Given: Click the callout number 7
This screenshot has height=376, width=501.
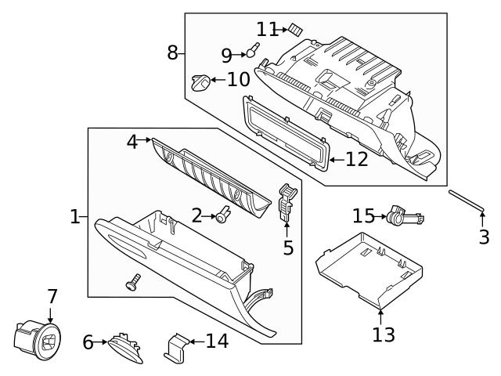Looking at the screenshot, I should point(52,297).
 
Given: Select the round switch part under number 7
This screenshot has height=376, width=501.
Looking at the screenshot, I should point(34,338).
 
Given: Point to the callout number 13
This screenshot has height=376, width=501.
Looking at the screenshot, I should point(384,334).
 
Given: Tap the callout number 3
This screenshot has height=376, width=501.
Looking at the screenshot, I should point(484,237).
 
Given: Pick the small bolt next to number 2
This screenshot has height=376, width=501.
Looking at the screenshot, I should point(222,215).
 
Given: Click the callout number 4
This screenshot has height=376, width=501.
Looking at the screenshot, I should point(132,142).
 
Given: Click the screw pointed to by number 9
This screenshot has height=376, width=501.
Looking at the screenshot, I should point(251,52).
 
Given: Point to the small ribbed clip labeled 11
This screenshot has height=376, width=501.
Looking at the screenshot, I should point(294,29).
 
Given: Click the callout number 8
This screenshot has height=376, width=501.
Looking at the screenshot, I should point(173,52).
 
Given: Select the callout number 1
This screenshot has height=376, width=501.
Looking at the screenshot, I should point(75,216).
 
